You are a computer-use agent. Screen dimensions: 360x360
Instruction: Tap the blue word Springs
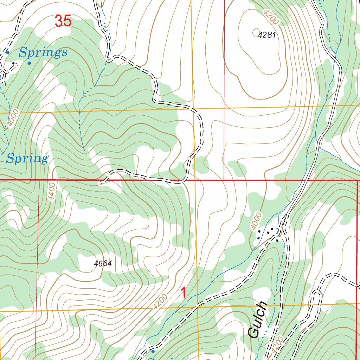(x=43, y=53)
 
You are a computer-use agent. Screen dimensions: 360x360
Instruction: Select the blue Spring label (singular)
(x=27, y=159)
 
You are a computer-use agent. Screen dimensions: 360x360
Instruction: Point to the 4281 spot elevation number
(x=266, y=35)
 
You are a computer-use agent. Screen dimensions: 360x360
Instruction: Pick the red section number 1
(x=183, y=293)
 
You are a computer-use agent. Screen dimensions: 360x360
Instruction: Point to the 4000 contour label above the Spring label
(x=13, y=120)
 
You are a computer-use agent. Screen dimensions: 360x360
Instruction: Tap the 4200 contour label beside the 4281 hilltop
(x=271, y=17)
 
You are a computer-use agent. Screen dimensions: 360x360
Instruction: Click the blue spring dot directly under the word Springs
(x=29, y=63)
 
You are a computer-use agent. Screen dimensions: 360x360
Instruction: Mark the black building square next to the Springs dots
(x=14, y=64)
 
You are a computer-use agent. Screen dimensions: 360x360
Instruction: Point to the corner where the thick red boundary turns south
(x=357, y=181)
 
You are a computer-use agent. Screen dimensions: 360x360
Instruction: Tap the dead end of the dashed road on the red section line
(x=101, y=182)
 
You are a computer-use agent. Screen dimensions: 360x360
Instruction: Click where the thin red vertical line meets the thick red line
(x=224, y=180)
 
